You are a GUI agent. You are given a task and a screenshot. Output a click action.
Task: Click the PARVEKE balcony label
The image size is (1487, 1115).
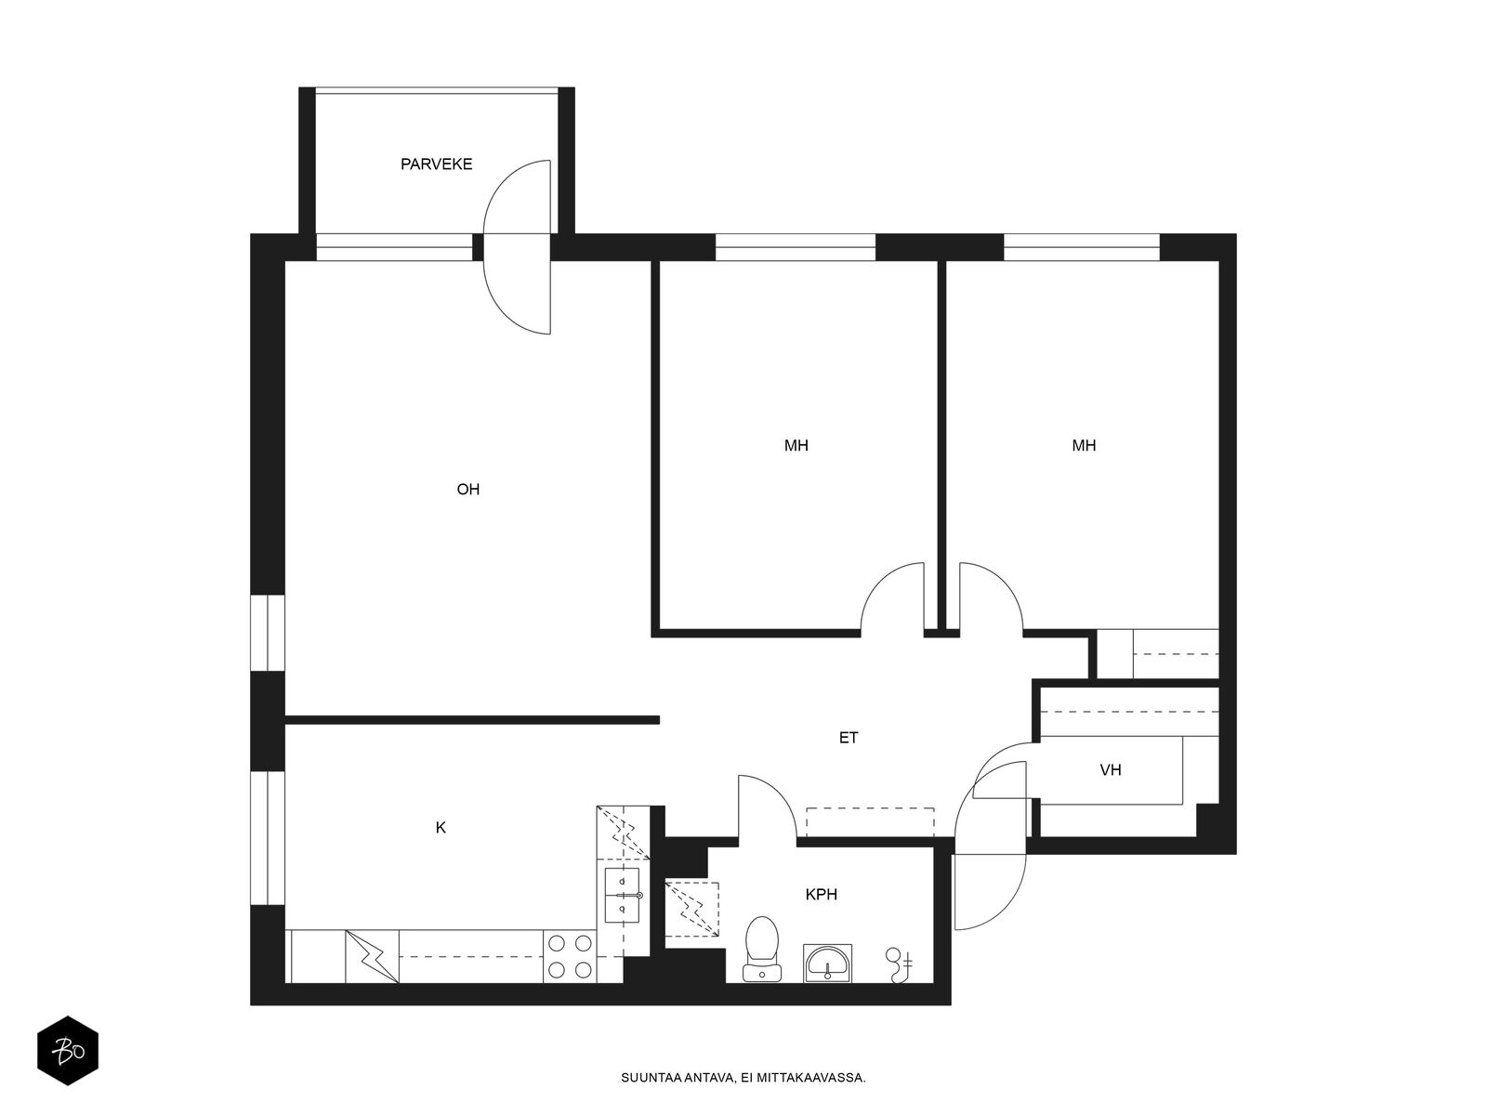point(436,164)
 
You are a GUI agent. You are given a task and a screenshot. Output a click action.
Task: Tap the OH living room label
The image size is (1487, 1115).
point(467,490)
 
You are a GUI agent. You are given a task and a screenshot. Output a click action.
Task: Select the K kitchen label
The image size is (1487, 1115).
point(441,828)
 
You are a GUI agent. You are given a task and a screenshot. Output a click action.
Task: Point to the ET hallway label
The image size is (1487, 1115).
point(849,739)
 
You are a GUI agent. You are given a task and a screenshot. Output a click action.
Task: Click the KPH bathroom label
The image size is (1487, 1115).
point(822,895)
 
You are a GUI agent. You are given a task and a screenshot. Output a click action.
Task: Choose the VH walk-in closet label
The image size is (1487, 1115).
point(1111,770)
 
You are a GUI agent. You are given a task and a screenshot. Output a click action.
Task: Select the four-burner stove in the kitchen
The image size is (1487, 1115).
point(570,956)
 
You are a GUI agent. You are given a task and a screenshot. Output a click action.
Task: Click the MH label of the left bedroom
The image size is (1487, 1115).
point(796,446)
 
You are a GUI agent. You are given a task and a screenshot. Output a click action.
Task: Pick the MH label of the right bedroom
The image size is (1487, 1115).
point(1084,446)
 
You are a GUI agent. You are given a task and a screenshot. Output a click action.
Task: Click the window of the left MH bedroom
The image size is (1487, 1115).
point(796,247)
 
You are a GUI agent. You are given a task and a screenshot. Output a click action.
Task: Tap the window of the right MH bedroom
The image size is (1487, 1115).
point(1082,247)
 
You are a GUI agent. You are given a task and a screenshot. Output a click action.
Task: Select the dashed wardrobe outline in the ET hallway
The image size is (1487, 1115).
point(870,822)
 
